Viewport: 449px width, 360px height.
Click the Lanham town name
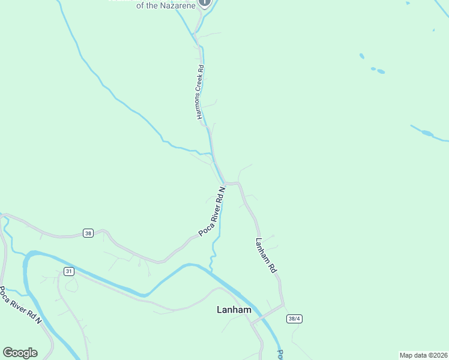pos(234,310)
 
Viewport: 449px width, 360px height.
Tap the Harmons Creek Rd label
pos(201,92)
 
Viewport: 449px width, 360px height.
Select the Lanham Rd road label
pos(265,256)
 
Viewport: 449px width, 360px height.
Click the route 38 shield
pos(88,233)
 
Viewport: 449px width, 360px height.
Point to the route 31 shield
pos(69,272)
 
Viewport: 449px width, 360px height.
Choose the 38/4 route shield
pos(294,319)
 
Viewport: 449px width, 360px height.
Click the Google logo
pos(20,353)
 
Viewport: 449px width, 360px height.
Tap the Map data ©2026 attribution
pos(423,355)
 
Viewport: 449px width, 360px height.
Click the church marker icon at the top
pos(205,2)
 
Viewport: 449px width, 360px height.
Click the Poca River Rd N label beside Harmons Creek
pos(212,211)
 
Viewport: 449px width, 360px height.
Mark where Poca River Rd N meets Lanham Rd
pos(227,183)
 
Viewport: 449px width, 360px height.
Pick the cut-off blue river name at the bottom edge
pos(280,355)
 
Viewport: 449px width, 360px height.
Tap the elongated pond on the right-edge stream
pos(427,133)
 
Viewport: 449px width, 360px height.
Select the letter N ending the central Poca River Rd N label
pos(222,190)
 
